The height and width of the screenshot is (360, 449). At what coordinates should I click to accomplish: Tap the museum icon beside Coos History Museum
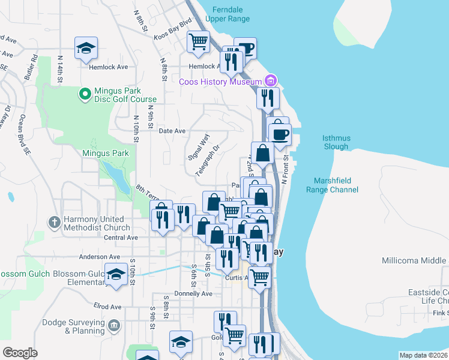click(x=270, y=81)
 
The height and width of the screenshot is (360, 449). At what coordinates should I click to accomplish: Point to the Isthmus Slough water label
click(x=336, y=142)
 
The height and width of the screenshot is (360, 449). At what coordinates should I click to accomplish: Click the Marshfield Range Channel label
click(x=336, y=185)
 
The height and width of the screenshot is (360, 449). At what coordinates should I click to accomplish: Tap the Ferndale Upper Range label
click(x=228, y=14)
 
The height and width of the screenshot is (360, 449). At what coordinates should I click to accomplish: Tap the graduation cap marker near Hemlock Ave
click(x=86, y=47)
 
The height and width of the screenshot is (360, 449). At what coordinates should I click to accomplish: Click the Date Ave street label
click(x=172, y=131)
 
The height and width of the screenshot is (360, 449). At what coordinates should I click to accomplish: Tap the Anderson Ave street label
click(x=101, y=257)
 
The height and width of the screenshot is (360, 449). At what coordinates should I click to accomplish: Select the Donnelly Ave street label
click(x=193, y=294)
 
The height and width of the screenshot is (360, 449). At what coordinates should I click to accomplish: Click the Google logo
click(x=20, y=353)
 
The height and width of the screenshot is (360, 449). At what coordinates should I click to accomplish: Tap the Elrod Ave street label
click(x=107, y=307)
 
